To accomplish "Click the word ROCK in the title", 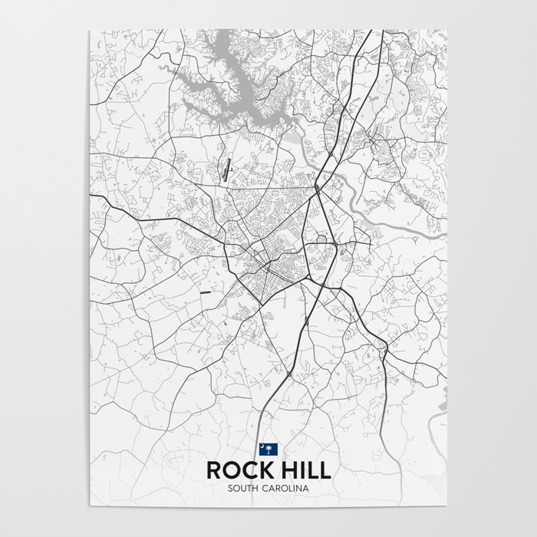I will point(236,469).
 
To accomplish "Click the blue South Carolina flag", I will point(268,449).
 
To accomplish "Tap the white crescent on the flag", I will point(265,446).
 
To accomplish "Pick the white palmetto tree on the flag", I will point(269,450).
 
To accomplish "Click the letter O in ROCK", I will point(229,469).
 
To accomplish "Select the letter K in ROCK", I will point(259,469).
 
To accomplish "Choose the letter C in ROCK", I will point(245,469).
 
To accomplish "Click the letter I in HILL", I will point(295,469).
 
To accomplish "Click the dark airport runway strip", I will point(228,166).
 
